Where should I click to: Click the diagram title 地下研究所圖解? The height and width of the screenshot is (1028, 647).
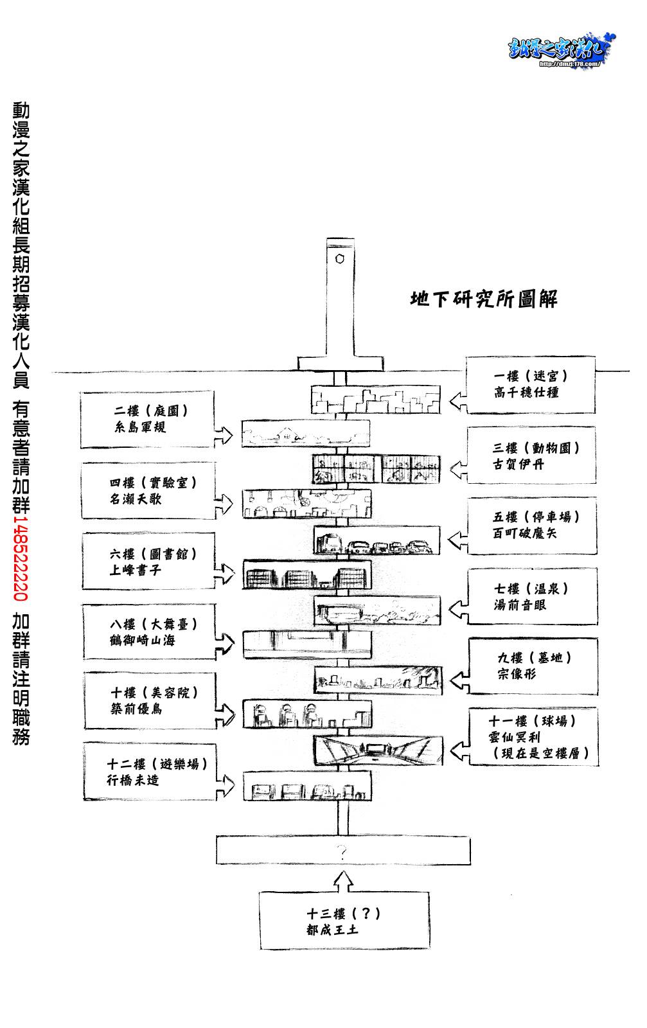pyautogui.click(x=484, y=299)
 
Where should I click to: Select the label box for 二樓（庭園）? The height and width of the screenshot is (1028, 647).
pyautogui.click(x=147, y=420)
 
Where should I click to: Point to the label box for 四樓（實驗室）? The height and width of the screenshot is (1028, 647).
pyautogui.click(x=148, y=491)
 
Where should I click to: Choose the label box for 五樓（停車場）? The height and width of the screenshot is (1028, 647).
pyautogui.click(x=532, y=526)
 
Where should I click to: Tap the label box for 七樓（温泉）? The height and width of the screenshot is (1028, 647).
pyautogui.click(x=533, y=597)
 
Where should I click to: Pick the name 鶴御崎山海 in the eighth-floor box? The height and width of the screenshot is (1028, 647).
pyautogui.click(x=143, y=641)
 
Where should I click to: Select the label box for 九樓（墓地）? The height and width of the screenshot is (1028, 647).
pyautogui.click(x=533, y=666)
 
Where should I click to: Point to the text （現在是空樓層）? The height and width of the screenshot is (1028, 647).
pyautogui.click(x=539, y=753)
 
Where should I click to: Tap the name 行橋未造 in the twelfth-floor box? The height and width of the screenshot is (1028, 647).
pyautogui.click(x=133, y=781)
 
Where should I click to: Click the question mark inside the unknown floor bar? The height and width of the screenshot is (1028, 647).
pyautogui.click(x=342, y=853)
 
